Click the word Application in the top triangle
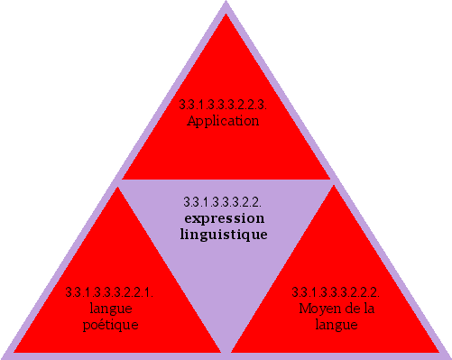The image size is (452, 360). click(223, 121)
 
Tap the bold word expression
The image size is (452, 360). click(223, 218)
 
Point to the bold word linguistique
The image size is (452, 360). click(223, 234)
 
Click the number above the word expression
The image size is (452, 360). click(223, 201)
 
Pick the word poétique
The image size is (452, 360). click(110, 325)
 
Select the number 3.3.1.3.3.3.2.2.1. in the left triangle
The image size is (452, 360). click(110, 292)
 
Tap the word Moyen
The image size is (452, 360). click(317, 309)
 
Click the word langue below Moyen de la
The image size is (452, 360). click(336, 325)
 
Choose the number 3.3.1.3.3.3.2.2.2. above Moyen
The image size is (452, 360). click(336, 292)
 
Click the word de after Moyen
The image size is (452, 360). click(348, 309)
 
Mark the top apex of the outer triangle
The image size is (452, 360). click(226, 3)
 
